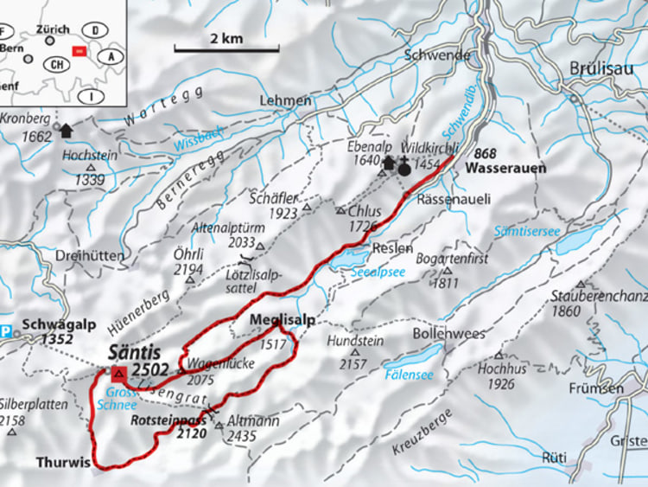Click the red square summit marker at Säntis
[118, 374]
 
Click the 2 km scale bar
[226, 49]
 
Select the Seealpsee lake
[347, 259]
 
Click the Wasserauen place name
[505, 169]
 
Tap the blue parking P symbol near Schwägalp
[7, 330]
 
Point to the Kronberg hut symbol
[65, 128]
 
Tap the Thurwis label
[62, 462]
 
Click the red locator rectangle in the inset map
[79, 52]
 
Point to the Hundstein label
[355, 342]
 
